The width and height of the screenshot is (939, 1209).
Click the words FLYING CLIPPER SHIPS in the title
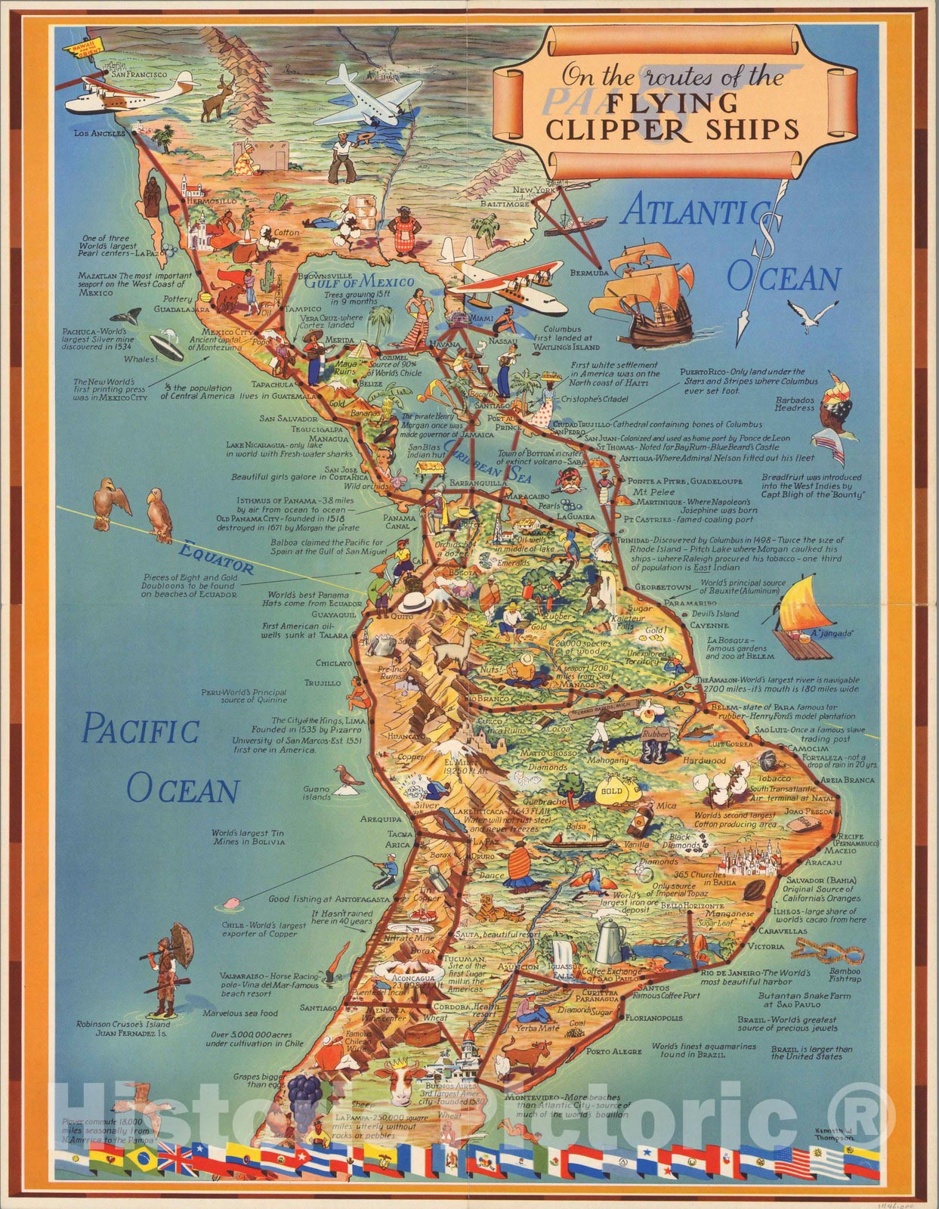coord(672,116)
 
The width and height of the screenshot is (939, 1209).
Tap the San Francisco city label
coord(138,75)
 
